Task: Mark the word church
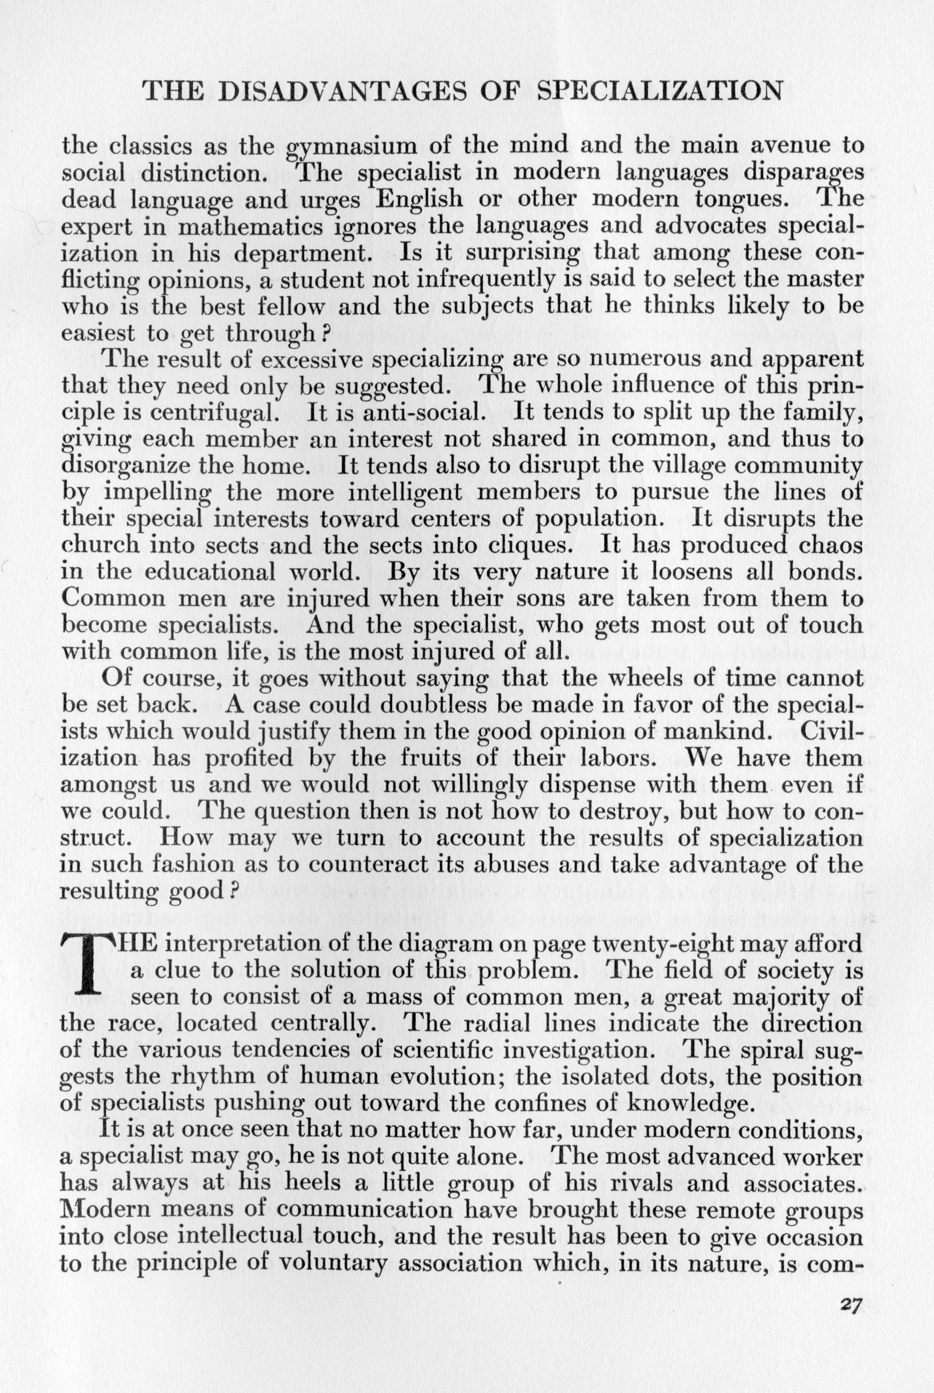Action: point(101,546)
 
